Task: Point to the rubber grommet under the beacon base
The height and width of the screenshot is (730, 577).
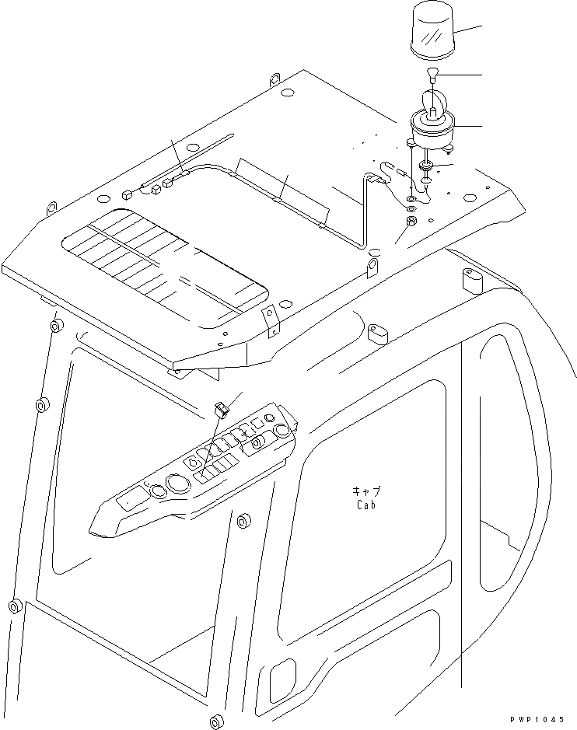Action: pos(427,166)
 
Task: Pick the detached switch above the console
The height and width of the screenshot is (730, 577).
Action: pos(220,408)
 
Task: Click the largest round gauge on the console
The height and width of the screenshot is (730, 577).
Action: pos(177,484)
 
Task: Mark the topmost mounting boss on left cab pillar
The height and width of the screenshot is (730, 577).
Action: pos(55,324)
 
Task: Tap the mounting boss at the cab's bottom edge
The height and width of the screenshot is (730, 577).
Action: pos(215,721)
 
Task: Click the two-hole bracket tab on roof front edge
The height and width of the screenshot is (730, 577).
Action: pos(270,321)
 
